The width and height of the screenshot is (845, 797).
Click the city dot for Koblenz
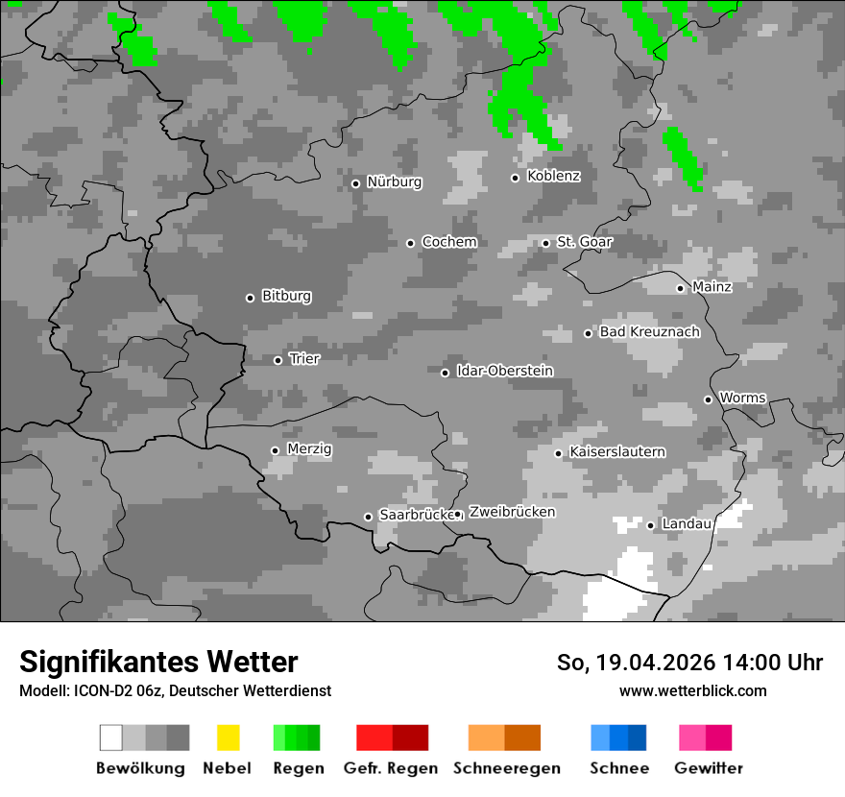tap(515, 177)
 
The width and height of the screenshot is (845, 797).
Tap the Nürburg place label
tap(394, 181)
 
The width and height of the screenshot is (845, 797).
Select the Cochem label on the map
tap(448, 242)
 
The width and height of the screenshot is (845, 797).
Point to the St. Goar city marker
tap(545, 243)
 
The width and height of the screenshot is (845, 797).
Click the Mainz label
tap(712, 286)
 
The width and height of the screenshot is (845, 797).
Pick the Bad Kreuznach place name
tap(649, 332)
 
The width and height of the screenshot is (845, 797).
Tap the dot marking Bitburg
tap(250, 298)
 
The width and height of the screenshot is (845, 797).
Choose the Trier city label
tap(304, 358)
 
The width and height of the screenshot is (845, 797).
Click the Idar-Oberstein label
tap(504, 371)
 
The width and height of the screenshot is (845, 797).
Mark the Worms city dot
tap(708, 399)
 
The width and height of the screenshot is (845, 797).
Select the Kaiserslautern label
tap(616, 451)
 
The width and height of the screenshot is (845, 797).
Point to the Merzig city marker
tap(275, 449)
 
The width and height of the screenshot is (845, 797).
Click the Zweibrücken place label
tap(512, 512)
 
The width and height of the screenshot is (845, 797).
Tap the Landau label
tap(687, 523)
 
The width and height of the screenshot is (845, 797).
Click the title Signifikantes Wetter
tap(158, 662)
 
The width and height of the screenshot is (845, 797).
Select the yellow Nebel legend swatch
tap(228, 737)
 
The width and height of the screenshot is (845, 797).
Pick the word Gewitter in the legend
tap(709, 768)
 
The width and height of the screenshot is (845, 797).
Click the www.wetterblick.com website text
tap(692, 690)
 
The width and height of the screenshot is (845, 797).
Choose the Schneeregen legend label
tap(505, 768)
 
